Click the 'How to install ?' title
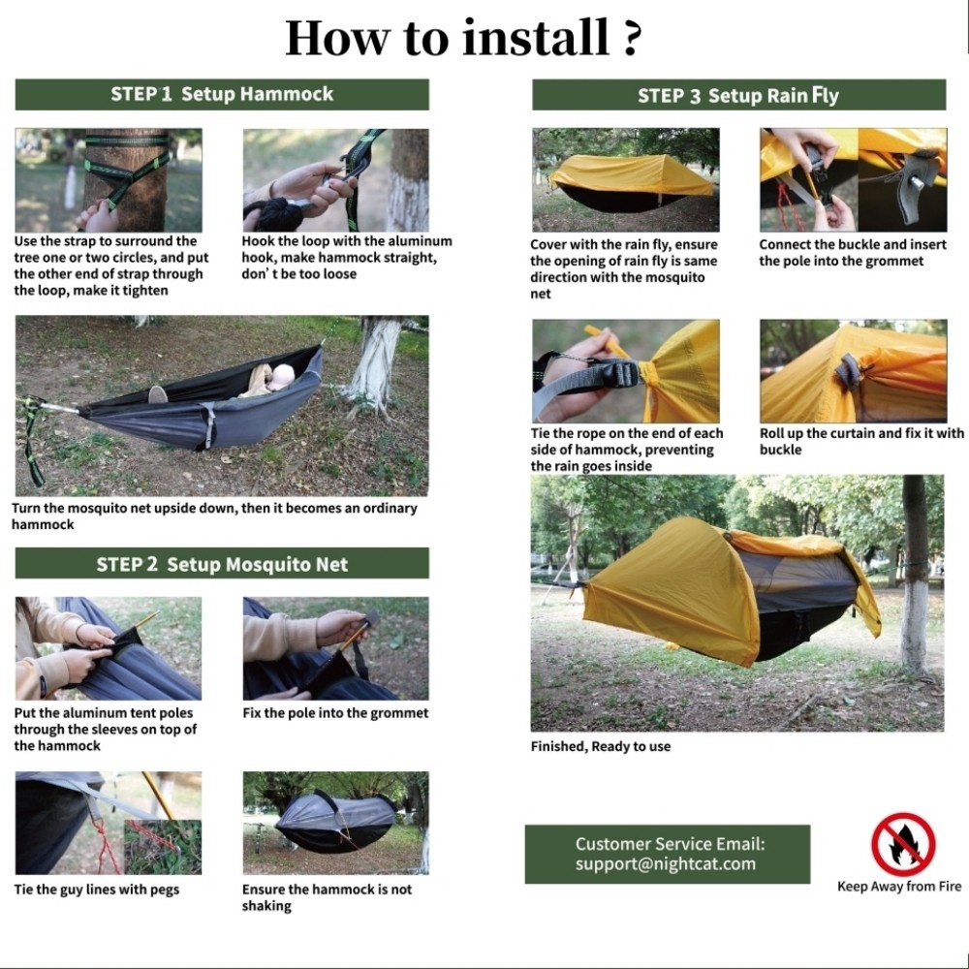pyautogui.click(x=463, y=38)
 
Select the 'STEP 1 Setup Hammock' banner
pyautogui.click(x=222, y=94)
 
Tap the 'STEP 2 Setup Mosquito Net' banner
pyautogui.click(x=222, y=564)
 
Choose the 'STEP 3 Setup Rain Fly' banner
pyautogui.click(x=738, y=95)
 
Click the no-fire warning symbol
pyautogui.click(x=902, y=844)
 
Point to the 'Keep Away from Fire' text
pyautogui.click(x=899, y=887)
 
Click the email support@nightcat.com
pyautogui.click(x=665, y=864)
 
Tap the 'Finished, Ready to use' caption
pyautogui.click(x=601, y=746)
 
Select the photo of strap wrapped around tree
pyautogui.click(x=109, y=180)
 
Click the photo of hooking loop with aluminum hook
pyautogui.click(x=335, y=180)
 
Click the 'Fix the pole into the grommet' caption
pyautogui.click(x=335, y=713)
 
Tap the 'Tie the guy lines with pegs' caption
pyautogui.click(x=97, y=890)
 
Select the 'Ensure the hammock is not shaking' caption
pyautogui.click(x=327, y=897)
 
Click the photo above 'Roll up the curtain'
pyautogui.click(x=853, y=371)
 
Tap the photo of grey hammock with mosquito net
pyautogui.click(x=335, y=823)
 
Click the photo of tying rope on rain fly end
pyautogui.click(x=625, y=371)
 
